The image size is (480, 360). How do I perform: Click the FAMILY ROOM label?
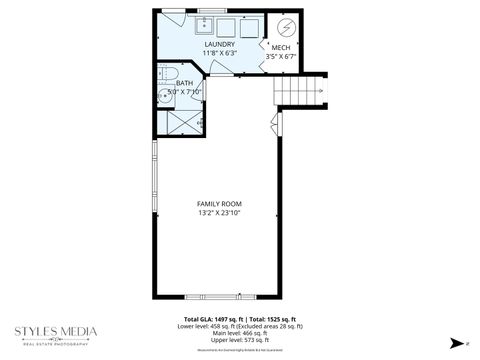(x=219, y=204)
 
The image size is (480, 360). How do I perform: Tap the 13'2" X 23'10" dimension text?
(x=219, y=213)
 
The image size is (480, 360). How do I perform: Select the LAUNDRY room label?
(x=219, y=44)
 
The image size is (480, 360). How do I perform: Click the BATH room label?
(x=185, y=83)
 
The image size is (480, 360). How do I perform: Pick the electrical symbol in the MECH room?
(x=286, y=26)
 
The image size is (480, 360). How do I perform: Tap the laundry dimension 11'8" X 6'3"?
(x=219, y=53)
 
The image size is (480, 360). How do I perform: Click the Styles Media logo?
(x=55, y=334)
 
